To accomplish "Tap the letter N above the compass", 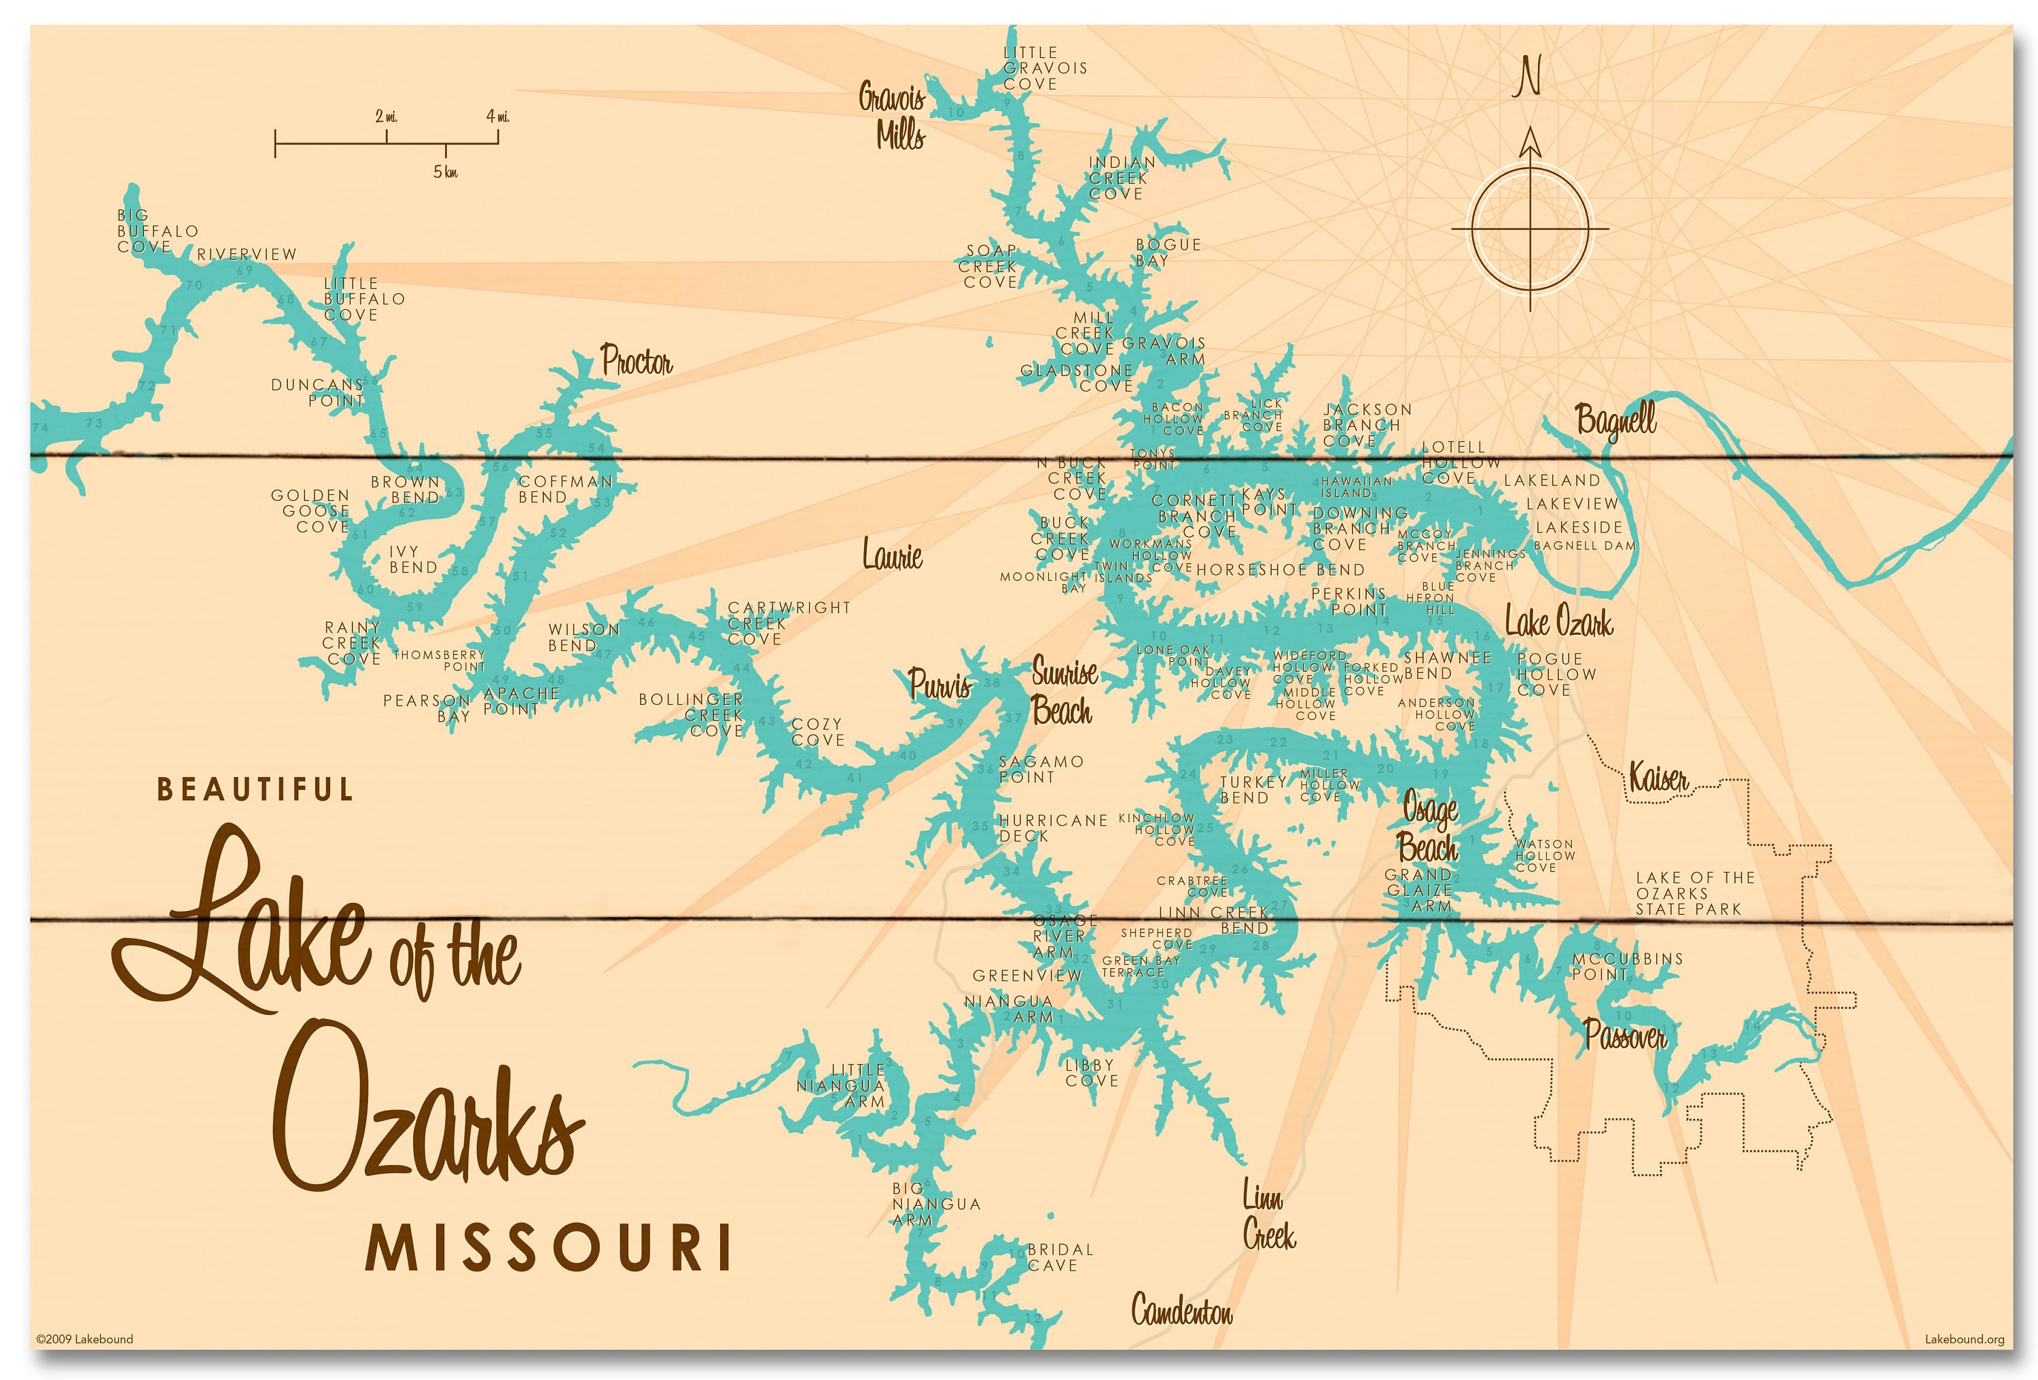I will tap(1528, 77).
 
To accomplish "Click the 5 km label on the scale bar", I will tap(446, 172).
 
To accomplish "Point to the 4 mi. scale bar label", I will tap(497, 116).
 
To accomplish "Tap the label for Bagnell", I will tap(1615, 419).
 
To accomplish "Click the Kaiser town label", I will tap(1658, 777).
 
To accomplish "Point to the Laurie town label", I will tap(892, 555).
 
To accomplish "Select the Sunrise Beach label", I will tap(1063, 691).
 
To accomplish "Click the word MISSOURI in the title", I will tap(548, 1248).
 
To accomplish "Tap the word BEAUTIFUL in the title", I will tap(255, 789).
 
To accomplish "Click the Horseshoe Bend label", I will tap(1281, 570).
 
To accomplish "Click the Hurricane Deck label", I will tap(1052, 828).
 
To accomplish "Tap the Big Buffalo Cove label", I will tap(156, 230).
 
